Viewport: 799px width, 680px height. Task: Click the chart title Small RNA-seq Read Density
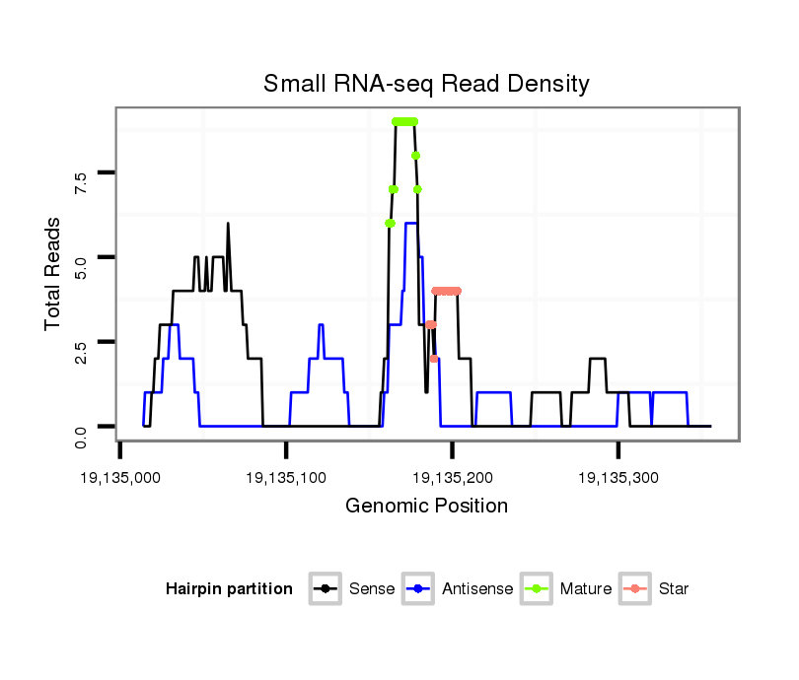pos(426,84)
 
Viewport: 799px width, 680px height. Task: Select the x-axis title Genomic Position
pos(426,507)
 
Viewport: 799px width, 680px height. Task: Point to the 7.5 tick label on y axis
pos(81,181)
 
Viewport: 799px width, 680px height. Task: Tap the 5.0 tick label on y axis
pos(81,266)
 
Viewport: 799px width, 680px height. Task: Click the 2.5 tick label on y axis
pos(81,351)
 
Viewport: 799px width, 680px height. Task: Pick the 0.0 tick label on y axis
pos(81,436)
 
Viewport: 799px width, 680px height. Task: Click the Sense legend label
pos(372,589)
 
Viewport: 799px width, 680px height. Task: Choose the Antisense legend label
pos(477,589)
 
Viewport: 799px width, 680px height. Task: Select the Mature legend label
pos(586,589)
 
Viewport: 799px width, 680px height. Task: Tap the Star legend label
pos(674,589)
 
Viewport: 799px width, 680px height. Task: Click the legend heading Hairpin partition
pos(229,589)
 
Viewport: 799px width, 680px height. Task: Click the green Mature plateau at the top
pos(404,121)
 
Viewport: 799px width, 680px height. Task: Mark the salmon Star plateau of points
pos(447,291)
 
